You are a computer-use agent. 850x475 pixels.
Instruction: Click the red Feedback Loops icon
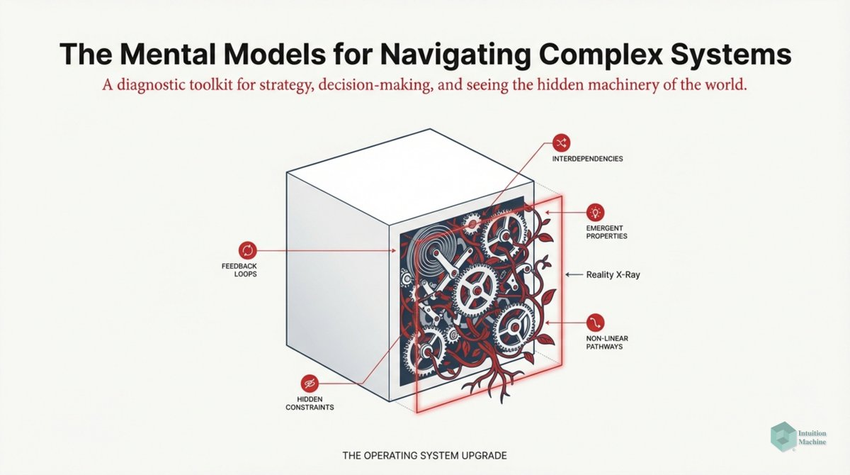tap(247, 250)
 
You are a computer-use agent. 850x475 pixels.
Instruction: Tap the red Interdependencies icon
tap(561, 142)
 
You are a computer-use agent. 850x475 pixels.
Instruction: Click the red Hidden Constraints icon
tap(309, 383)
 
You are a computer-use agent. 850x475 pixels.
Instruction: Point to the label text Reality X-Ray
tap(613, 274)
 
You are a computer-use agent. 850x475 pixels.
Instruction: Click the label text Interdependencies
tap(587, 159)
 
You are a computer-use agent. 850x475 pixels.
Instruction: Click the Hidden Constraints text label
tap(310, 403)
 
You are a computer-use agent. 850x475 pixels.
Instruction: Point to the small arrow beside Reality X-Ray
tap(572, 274)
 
